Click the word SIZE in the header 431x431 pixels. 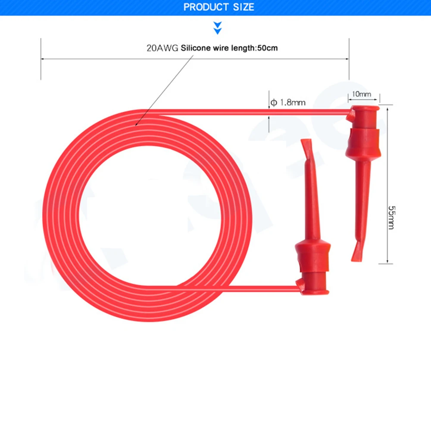(x=244, y=7)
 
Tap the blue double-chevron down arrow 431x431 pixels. (x=217, y=28)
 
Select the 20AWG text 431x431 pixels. (x=162, y=48)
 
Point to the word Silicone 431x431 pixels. (x=195, y=48)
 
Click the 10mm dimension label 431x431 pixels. (x=362, y=94)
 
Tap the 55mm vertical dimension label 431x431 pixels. (x=391, y=217)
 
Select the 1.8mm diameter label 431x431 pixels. (x=293, y=103)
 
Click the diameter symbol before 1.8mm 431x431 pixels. (x=274, y=103)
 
